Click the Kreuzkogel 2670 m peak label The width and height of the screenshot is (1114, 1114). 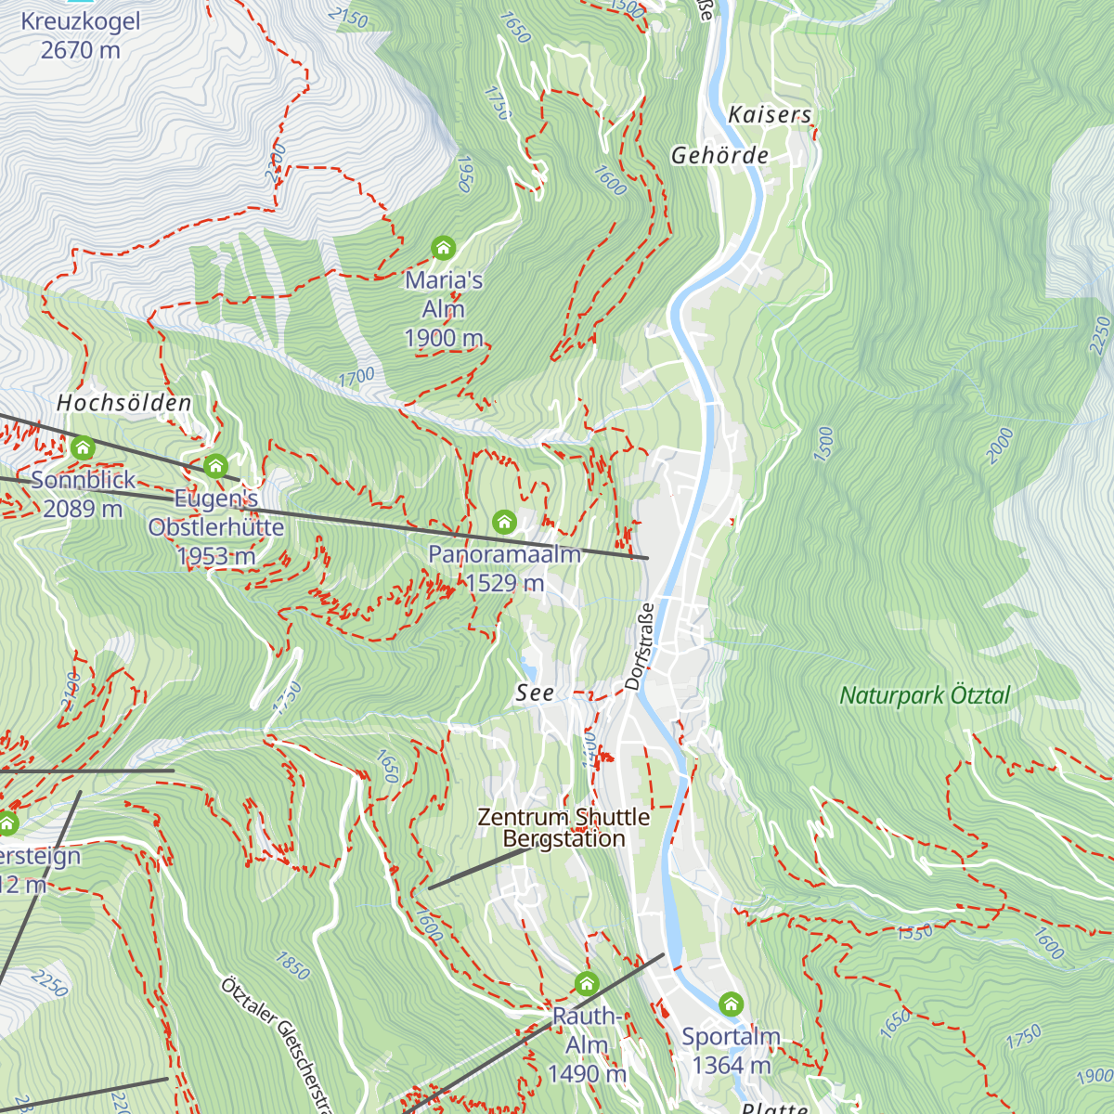point(81,35)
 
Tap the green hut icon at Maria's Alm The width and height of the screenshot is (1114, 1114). point(444,248)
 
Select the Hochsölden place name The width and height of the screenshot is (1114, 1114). point(124,403)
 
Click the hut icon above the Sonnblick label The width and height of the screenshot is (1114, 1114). point(83,449)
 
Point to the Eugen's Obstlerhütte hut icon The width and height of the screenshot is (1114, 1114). point(215,466)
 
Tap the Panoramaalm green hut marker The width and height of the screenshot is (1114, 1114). point(504,522)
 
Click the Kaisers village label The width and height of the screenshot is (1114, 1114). point(770,115)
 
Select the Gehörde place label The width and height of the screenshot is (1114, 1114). point(720,156)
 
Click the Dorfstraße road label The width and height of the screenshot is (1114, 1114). point(640,646)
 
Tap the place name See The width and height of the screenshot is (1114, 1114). point(535,693)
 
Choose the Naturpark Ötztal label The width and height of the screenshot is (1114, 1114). point(925,695)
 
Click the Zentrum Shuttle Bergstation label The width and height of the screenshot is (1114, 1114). point(563,828)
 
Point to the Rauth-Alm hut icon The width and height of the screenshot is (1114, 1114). point(586,983)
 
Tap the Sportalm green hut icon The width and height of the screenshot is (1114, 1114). point(732,1004)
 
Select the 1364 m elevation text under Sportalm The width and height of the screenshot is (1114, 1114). point(732,1066)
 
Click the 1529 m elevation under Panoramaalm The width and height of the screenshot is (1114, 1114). point(505,583)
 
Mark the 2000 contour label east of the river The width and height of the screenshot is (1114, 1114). point(1000,447)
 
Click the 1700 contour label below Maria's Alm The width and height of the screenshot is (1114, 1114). point(356,377)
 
